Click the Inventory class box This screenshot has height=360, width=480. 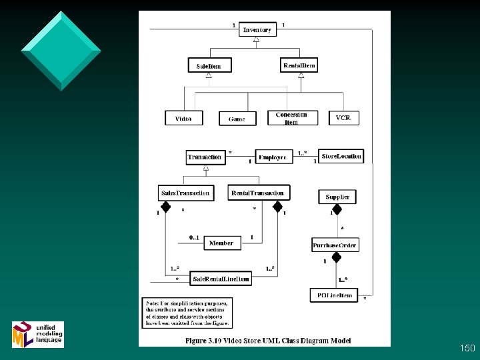click(x=257, y=29)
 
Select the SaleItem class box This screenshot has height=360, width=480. click(x=209, y=65)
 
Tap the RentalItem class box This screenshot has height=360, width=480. click(x=299, y=65)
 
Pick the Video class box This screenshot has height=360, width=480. click(x=183, y=118)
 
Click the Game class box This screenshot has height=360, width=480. click(x=237, y=119)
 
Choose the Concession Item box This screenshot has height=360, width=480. click(x=291, y=118)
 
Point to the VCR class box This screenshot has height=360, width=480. click(x=343, y=118)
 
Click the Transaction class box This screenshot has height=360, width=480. click(x=205, y=157)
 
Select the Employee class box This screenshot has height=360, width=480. click(x=272, y=157)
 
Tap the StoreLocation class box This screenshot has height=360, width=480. click(x=341, y=157)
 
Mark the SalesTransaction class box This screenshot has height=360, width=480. click(x=186, y=193)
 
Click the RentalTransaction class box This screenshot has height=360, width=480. click(x=259, y=193)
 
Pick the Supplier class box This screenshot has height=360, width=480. click(x=337, y=197)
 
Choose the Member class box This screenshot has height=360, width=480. click(x=221, y=243)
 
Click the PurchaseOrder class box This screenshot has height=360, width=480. click(x=335, y=245)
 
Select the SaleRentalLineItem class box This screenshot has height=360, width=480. click(x=221, y=279)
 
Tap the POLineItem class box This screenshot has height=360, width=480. click(x=335, y=294)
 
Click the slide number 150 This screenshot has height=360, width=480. click(x=467, y=348)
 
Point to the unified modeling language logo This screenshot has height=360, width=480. click(x=38, y=333)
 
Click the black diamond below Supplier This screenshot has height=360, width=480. click(x=337, y=209)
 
